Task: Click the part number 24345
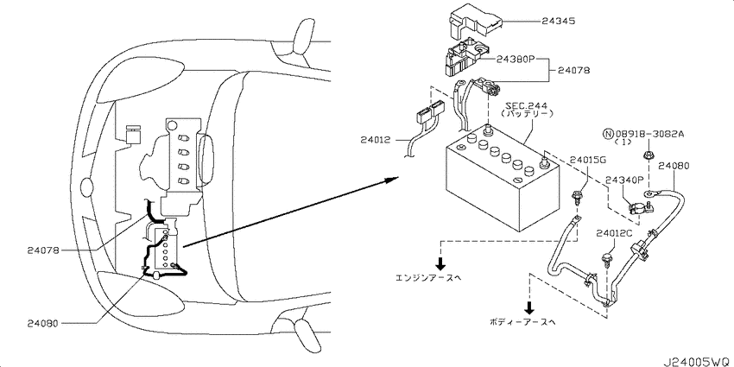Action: point(558,22)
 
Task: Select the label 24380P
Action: point(514,60)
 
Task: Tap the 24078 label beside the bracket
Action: point(573,71)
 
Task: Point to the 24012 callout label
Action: point(376,140)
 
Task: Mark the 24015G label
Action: point(588,160)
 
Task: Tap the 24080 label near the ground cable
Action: point(674,165)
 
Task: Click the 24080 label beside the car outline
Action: point(43,323)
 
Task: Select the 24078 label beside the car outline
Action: point(43,250)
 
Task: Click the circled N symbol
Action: point(608,135)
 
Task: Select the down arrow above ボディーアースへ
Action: point(529,307)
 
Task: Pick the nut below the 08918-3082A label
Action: point(647,155)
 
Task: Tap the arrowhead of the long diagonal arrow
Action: point(393,180)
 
